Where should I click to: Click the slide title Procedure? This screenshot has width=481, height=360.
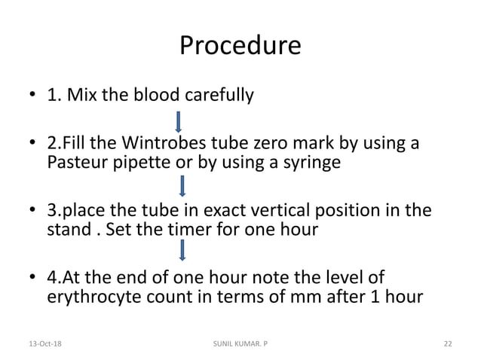point(240,47)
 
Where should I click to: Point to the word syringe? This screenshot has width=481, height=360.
point(314,163)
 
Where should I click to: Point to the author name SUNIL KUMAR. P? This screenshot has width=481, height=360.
point(240,343)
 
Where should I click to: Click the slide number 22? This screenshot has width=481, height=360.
point(447,343)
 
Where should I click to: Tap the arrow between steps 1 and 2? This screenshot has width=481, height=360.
point(179,121)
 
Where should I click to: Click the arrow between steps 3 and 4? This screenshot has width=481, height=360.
point(181,252)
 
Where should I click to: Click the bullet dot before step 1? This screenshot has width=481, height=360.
point(33,97)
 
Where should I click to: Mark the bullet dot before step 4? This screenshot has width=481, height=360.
point(33,278)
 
